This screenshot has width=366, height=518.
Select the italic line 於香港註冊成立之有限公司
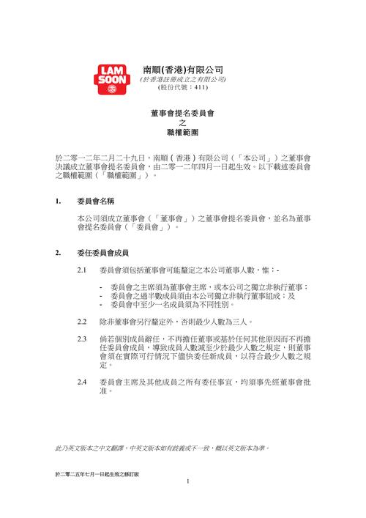click(183, 78)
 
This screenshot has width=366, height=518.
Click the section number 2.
click(58, 254)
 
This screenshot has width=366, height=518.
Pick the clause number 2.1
click(83, 271)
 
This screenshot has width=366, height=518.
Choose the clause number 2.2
click(83, 321)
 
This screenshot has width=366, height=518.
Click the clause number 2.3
click(83, 339)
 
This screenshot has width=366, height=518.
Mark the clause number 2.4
click(83, 382)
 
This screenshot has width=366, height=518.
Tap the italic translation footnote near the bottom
click(163, 447)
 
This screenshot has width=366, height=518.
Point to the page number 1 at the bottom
click(188, 481)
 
